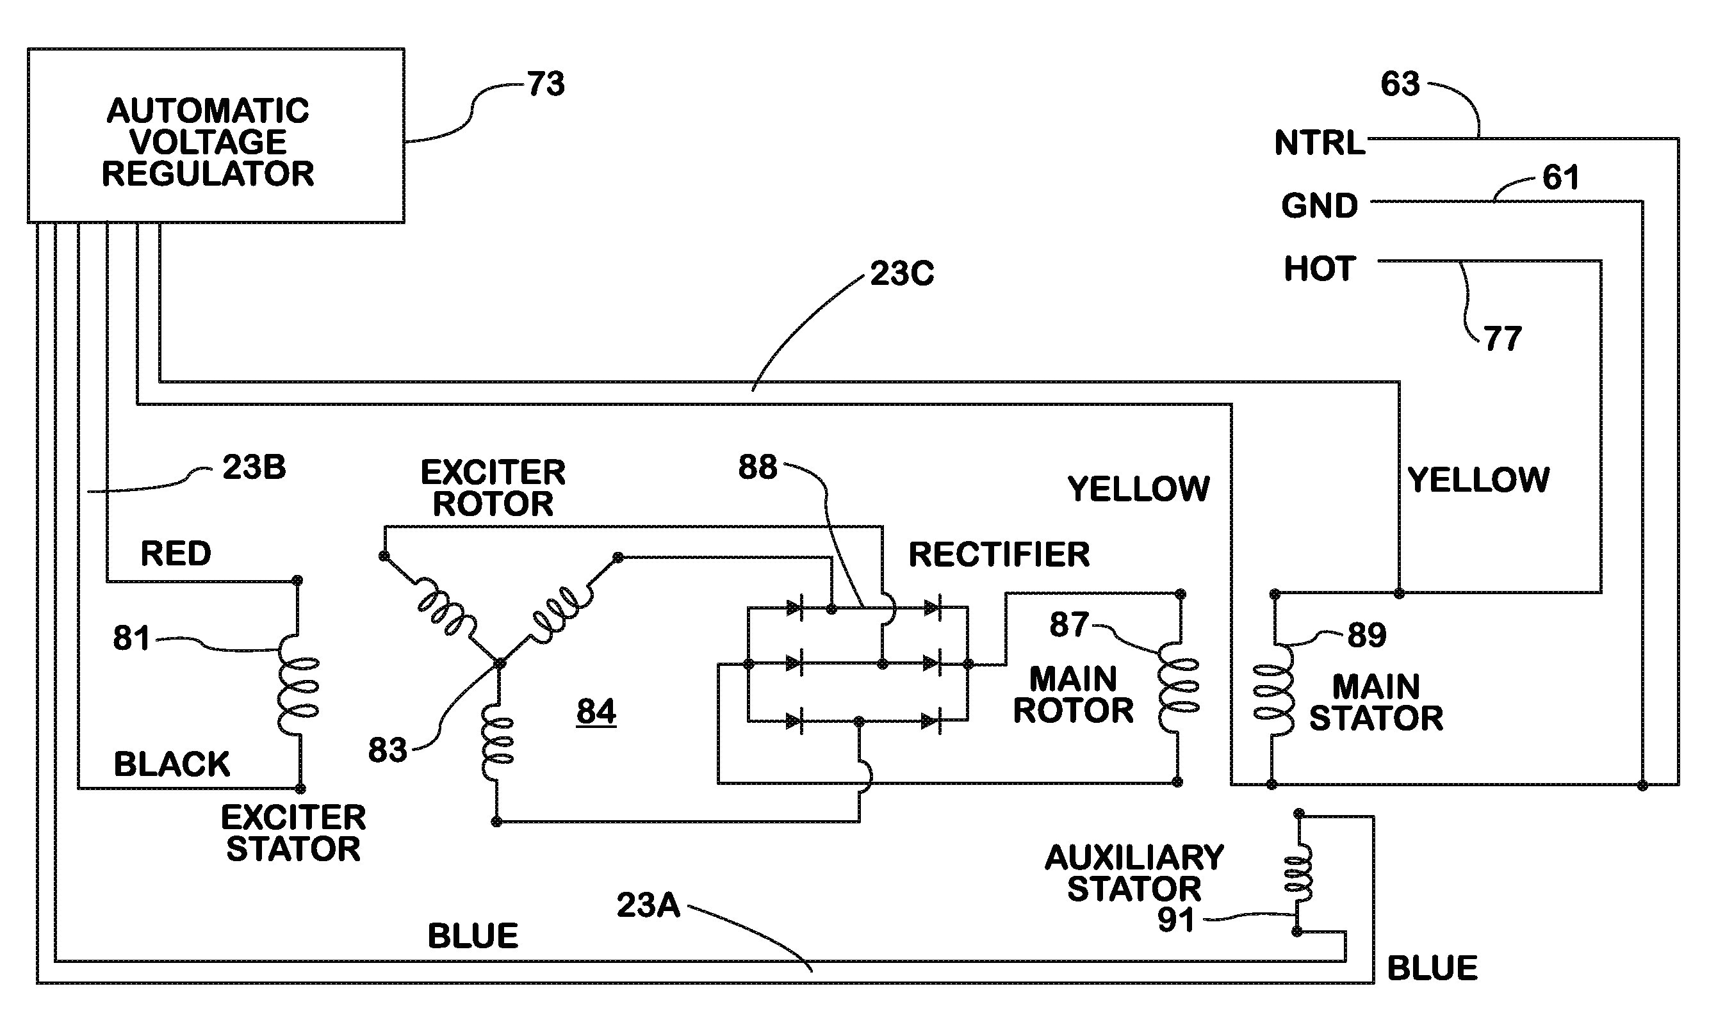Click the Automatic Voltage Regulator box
(x=215, y=135)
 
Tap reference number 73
(x=546, y=85)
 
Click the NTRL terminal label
(x=1319, y=143)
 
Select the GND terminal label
(x=1319, y=206)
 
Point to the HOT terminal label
(x=1319, y=269)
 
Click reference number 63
(x=1400, y=85)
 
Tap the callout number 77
(x=1503, y=339)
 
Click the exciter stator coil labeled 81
(x=298, y=686)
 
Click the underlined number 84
(x=596, y=711)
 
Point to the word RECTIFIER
(x=999, y=554)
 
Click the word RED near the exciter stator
(x=176, y=554)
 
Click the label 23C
(x=902, y=275)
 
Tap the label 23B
(x=254, y=468)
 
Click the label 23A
(x=648, y=905)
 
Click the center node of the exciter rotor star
(x=500, y=663)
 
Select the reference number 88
(x=757, y=468)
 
